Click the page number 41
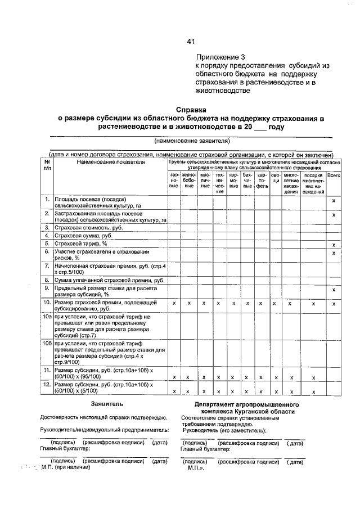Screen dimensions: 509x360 pyautogui.click(x=191, y=41)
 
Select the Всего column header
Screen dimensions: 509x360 pyautogui.click(x=334, y=175)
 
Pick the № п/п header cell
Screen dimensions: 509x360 pyautogui.click(x=47, y=165)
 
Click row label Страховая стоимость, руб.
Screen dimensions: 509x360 pyautogui.click(x=84, y=227)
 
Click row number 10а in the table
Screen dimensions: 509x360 pyautogui.click(x=47, y=318)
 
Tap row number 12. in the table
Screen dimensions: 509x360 pyautogui.click(x=47, y=384)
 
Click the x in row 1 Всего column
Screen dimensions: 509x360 pyautogui.click(x=334, y=201)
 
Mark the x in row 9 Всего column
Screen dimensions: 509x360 pyautogui.click(x=334, y=290)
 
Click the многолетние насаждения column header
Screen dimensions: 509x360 pyautogui.click(x=290, y=183)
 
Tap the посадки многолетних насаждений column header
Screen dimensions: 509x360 pyautogui.click(x=313, y=183)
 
